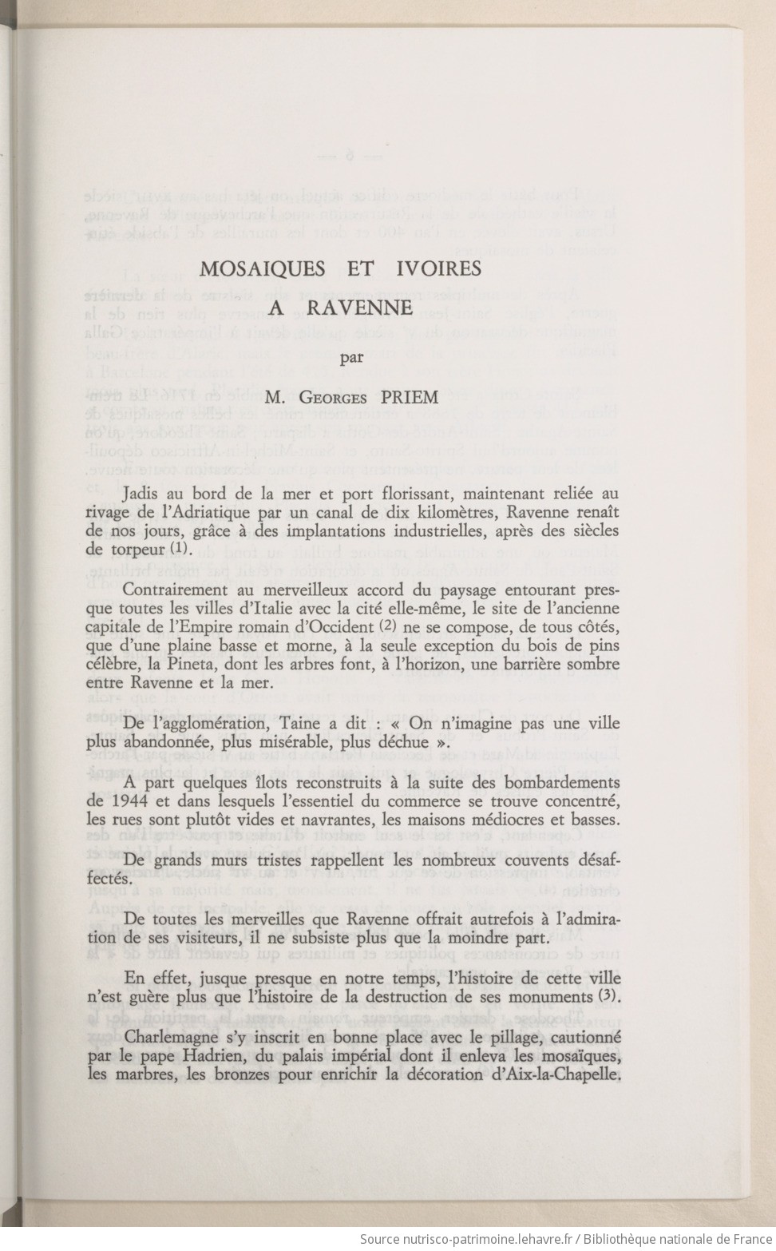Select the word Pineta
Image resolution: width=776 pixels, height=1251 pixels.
click(203, 664)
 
